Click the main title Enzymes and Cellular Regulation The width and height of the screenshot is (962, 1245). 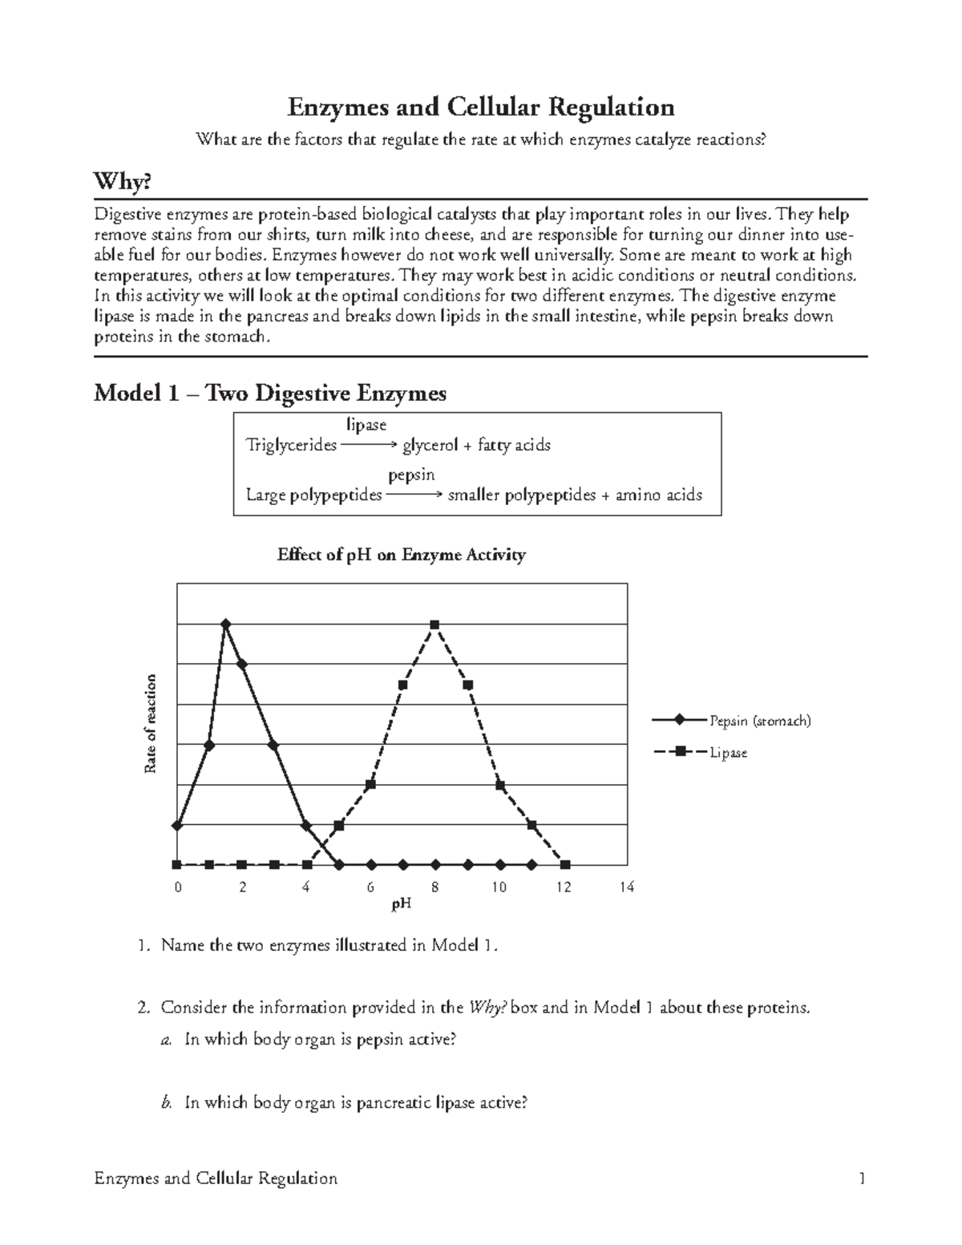(x=481, y=107)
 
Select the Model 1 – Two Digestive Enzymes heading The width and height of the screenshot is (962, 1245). (x=270, y=394)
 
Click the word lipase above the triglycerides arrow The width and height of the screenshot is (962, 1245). (x=366, y=424)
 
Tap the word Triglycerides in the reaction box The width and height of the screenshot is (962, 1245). (x=291, y=445)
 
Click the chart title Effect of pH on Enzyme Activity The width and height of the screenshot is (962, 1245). (x=401, y=555)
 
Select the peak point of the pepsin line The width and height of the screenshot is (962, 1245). (x=226, y=623)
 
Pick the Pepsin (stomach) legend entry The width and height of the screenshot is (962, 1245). (x=758, y=721)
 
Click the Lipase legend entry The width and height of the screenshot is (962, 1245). (x=727, y=753)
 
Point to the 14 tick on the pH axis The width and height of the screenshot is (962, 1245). (x=626, y=887)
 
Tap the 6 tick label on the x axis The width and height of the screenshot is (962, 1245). (x=370, y=887)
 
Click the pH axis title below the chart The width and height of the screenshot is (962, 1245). (x=401, y=905)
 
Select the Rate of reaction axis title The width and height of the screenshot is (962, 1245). (x=150, y=725)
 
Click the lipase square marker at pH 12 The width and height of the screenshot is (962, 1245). (x=565, y=865)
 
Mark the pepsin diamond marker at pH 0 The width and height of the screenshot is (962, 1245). (x=177, y=825)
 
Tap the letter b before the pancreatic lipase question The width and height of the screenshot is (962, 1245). (x=166, y=1103)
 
